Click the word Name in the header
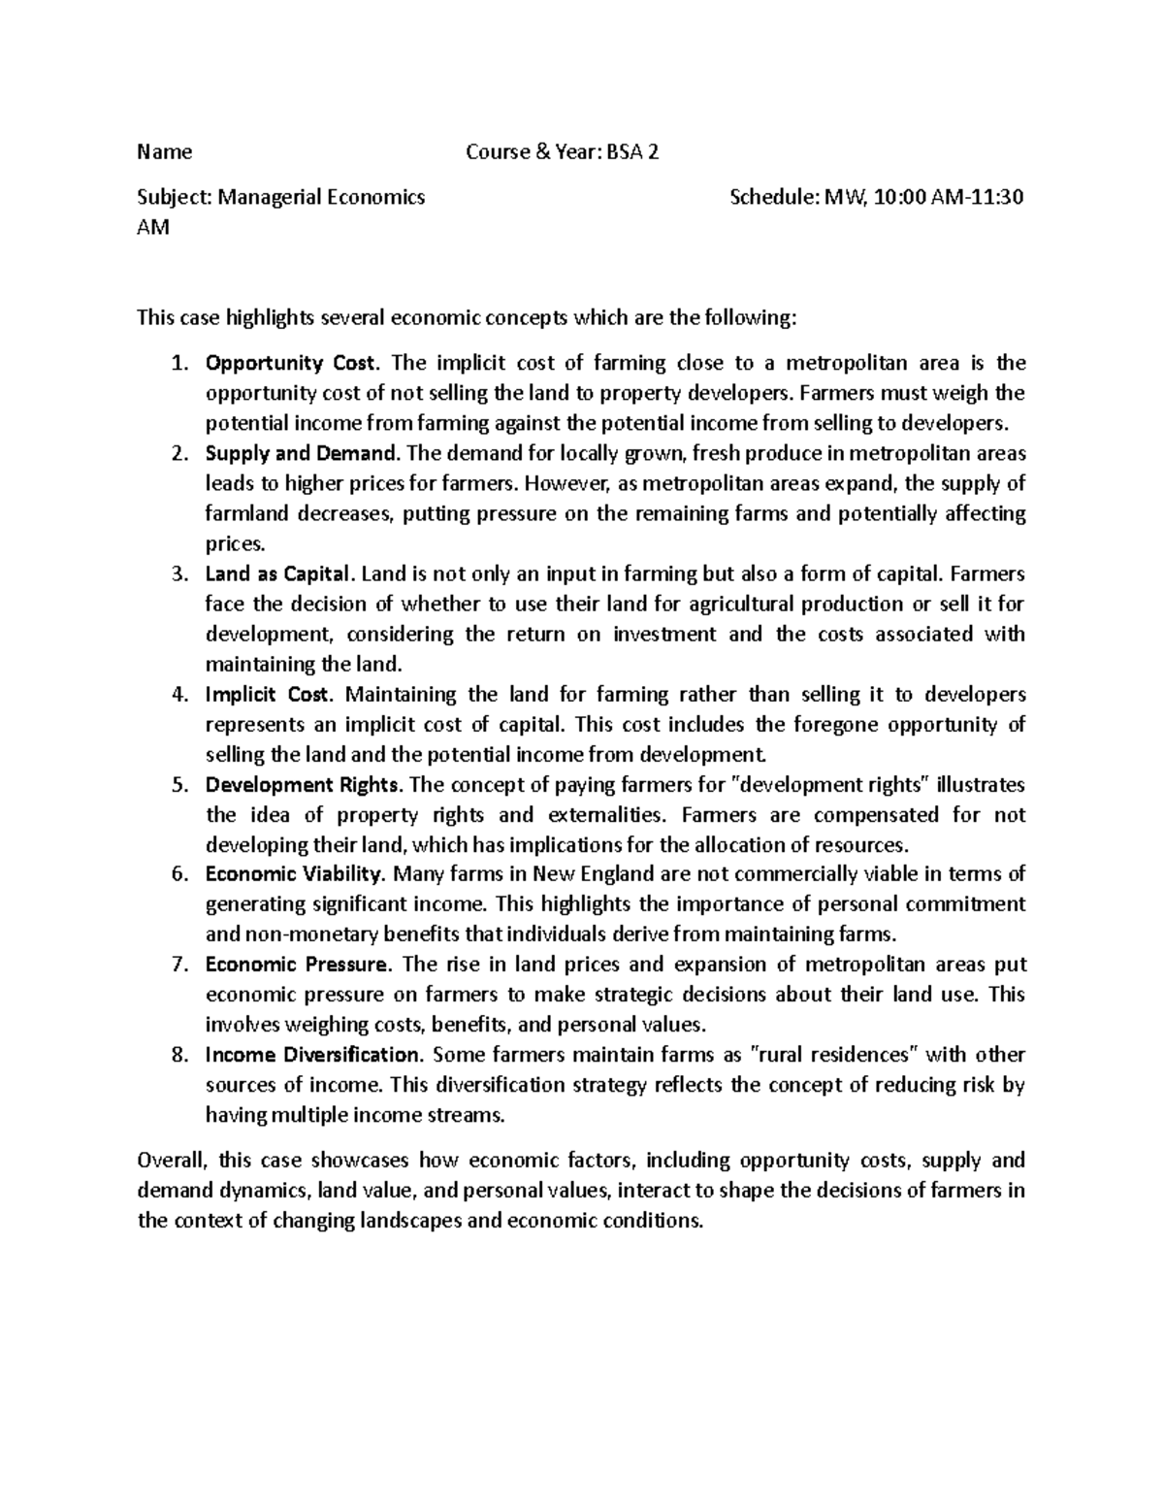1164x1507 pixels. point(165,152)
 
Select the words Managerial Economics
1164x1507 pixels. point(321,198)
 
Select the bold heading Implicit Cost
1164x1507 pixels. point(269,695)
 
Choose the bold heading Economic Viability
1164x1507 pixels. point(296,874)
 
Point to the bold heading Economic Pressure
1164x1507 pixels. point(297,965)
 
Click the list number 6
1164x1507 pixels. point(178,874)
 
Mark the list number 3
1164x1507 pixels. point(178,574)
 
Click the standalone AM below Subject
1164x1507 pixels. point(153,228)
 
